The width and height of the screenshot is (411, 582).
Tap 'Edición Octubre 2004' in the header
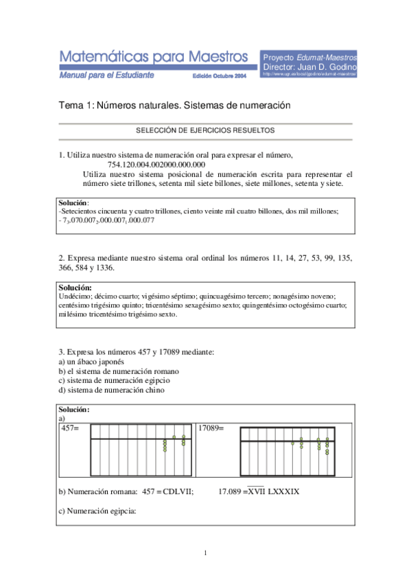[x=219, y=76]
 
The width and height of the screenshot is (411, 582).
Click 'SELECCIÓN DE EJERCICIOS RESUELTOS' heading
[x=205, y=130]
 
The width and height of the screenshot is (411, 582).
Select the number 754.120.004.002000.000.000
[x=156, y=165]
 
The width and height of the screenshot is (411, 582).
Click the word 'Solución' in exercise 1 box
[x=73, y=203]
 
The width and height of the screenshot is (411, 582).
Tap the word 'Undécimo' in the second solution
[x=75, y=295]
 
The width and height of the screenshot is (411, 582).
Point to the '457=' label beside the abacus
[x=71, y=428]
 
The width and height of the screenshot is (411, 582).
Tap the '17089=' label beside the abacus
[x=211, y=428]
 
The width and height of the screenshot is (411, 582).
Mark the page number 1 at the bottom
[x=205, y=552]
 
